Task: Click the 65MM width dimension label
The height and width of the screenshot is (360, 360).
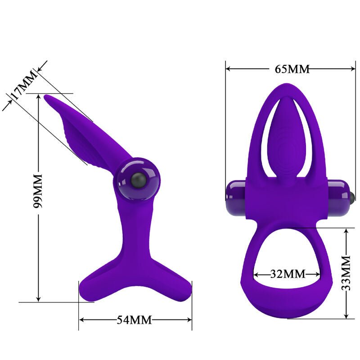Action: click(292, 69)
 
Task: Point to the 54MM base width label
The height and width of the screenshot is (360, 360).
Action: click(135, 320)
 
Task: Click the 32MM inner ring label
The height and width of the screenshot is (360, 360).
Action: click(288, 274)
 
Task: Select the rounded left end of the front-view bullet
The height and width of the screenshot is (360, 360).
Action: click(228, 194)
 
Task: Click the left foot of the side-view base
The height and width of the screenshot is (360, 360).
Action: click(88, 288)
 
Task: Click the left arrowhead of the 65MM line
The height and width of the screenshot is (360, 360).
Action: click(228, 69)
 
